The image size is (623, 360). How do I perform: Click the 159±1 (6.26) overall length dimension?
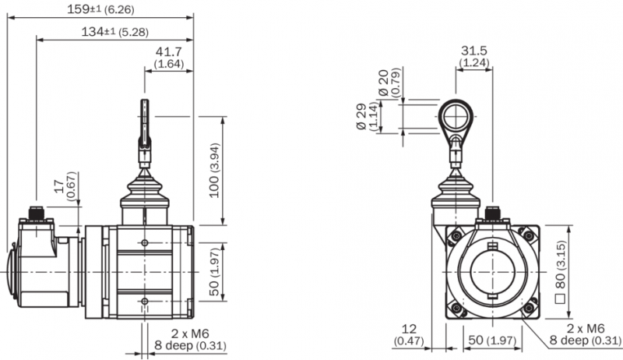[100, 9]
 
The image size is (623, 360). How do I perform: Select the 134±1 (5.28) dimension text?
[114, 32]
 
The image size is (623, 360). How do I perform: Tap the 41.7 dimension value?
[168, 51]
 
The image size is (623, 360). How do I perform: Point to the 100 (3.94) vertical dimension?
[215, 170]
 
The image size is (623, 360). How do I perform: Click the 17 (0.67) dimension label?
[65, 186]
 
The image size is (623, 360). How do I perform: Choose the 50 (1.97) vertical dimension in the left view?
[215, 272]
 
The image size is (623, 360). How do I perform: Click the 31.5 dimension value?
[474, 51]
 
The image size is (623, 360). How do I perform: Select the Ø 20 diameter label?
[389, 83]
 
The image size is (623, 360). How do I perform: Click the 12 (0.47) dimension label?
[409, 334]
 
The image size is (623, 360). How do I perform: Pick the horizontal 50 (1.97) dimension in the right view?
[492, 341]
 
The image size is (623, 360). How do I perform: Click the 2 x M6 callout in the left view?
[190, 334]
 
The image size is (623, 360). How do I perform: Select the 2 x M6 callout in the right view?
[586, 329]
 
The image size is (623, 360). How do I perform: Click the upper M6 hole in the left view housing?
[145, 243]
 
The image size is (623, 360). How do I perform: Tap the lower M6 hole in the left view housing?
[145, 302]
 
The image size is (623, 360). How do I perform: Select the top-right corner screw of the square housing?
[529, 235]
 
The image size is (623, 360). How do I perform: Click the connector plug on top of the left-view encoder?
[37, 213]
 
